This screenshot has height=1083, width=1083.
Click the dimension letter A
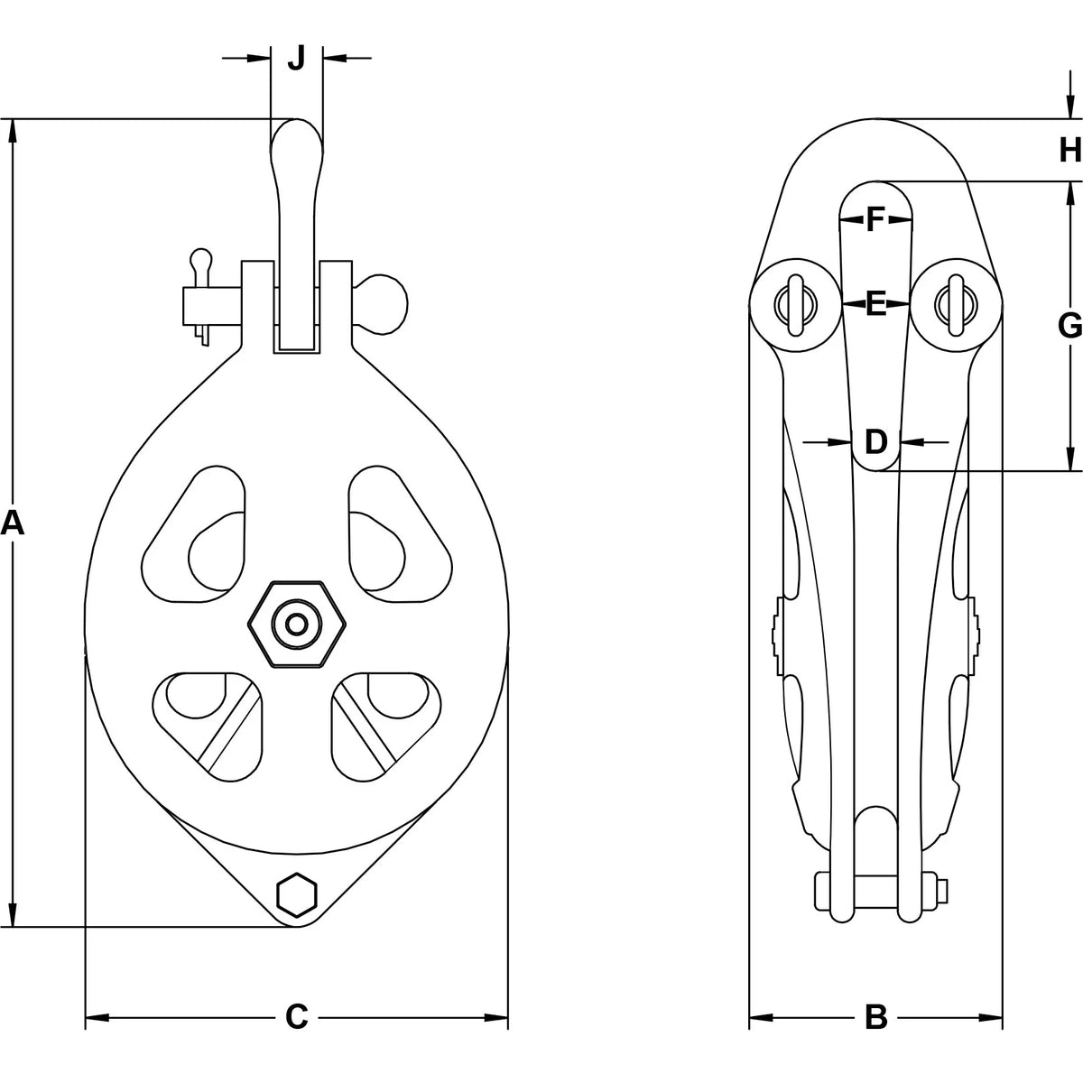pos(13,524)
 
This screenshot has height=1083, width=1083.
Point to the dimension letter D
pos(875,441)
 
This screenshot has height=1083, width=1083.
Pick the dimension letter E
pos(875,304)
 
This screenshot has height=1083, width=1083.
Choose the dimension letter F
pos(875,219)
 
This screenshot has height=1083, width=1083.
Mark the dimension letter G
pos(1069,326)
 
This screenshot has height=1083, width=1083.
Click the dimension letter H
pos(1070,150)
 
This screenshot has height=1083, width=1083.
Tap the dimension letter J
pos(296,58)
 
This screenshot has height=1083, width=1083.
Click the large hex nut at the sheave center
pos(297,624)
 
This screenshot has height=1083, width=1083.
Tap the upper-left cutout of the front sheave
pos(194,534)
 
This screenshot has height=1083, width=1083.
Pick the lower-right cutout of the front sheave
pos(386,727)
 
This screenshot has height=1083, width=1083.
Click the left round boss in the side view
pos(796,305)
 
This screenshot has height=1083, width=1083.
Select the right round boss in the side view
pos(955,305)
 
